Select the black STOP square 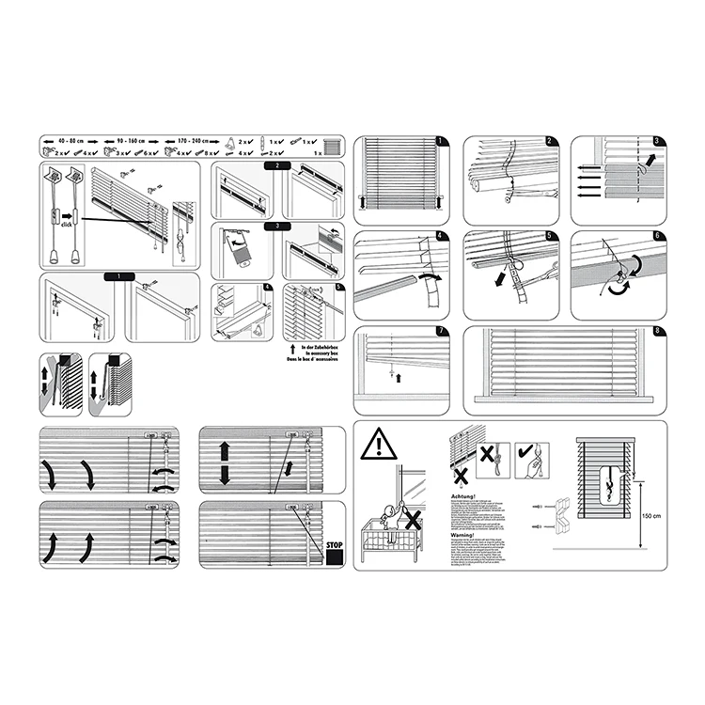[x=332, y=556]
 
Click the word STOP [x=332, y=543]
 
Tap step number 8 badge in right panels [x=656, y=331]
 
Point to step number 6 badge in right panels [x=657, y=235]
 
